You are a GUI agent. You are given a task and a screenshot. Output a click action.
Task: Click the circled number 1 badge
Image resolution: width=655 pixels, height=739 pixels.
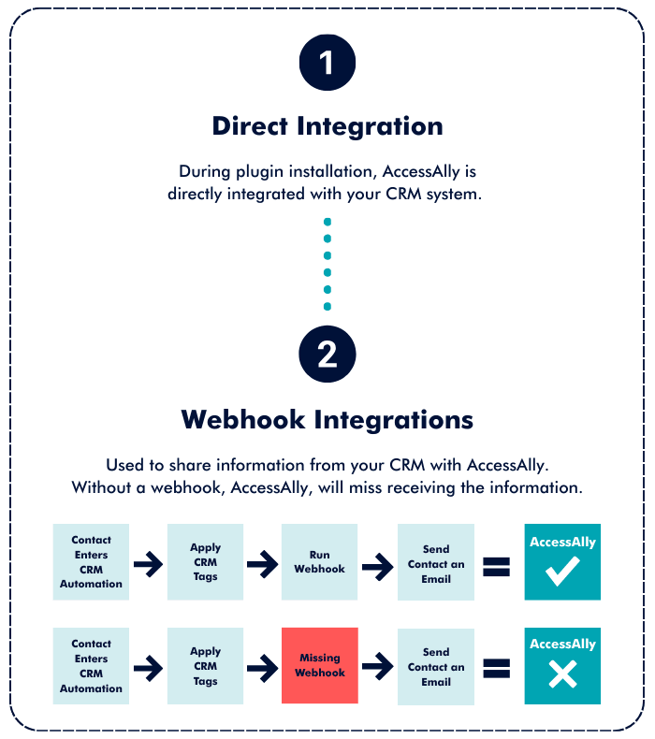point(327,63)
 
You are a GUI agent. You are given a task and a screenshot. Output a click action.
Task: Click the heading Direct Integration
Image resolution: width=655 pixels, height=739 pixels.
point(327,125)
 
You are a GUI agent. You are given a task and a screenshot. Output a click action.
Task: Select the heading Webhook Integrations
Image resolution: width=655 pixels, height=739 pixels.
point(327,418)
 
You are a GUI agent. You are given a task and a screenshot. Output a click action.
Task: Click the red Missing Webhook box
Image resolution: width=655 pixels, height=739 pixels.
point(320,665)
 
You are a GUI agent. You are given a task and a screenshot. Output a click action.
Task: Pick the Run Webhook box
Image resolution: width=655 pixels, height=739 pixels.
point(320,562)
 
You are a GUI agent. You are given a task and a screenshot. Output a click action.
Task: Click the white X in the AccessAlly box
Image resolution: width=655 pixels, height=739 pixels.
point(562,674)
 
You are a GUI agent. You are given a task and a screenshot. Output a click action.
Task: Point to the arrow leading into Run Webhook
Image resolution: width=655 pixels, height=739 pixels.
point(263,564)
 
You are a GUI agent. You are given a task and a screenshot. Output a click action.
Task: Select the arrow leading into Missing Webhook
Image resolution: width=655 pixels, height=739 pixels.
point(263,667)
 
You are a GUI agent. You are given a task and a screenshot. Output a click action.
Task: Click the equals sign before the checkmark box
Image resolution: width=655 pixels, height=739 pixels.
point(496,565)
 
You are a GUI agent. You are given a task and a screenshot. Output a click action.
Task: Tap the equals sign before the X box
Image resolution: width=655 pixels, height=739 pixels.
point(496,668)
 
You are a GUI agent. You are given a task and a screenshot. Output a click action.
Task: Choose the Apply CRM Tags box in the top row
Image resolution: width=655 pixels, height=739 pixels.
point(205,562)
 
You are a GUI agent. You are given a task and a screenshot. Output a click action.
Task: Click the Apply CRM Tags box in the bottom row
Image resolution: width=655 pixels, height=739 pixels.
point(205,665)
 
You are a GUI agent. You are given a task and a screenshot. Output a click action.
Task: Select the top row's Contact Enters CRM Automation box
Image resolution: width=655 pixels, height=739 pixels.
point(91,562)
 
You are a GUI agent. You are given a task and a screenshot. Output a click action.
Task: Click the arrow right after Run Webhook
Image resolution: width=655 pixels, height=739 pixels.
point(378,564)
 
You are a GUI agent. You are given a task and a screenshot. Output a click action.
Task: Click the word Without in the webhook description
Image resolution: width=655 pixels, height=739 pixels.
point(101,487)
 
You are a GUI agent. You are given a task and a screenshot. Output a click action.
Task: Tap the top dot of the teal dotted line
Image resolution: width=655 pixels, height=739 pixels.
point(327,223)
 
